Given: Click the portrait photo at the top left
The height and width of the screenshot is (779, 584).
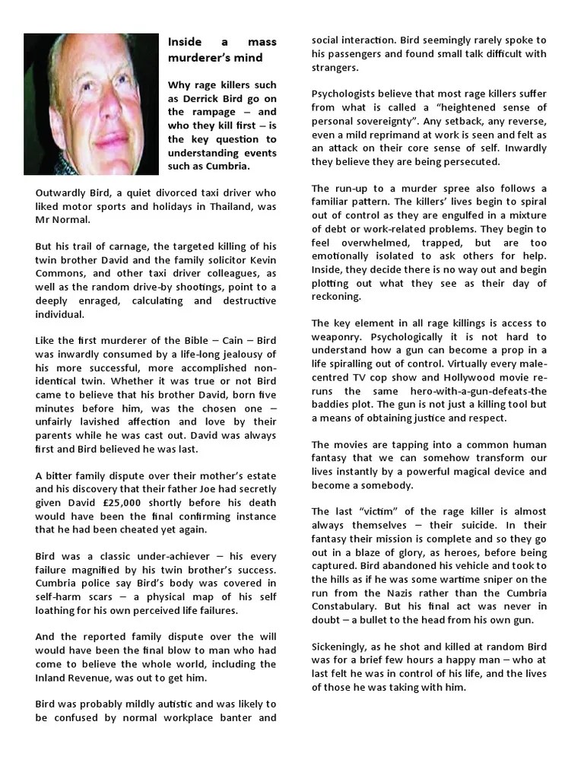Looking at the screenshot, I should (x=90, y=104).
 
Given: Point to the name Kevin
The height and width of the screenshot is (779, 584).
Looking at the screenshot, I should (x=259, y=259).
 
